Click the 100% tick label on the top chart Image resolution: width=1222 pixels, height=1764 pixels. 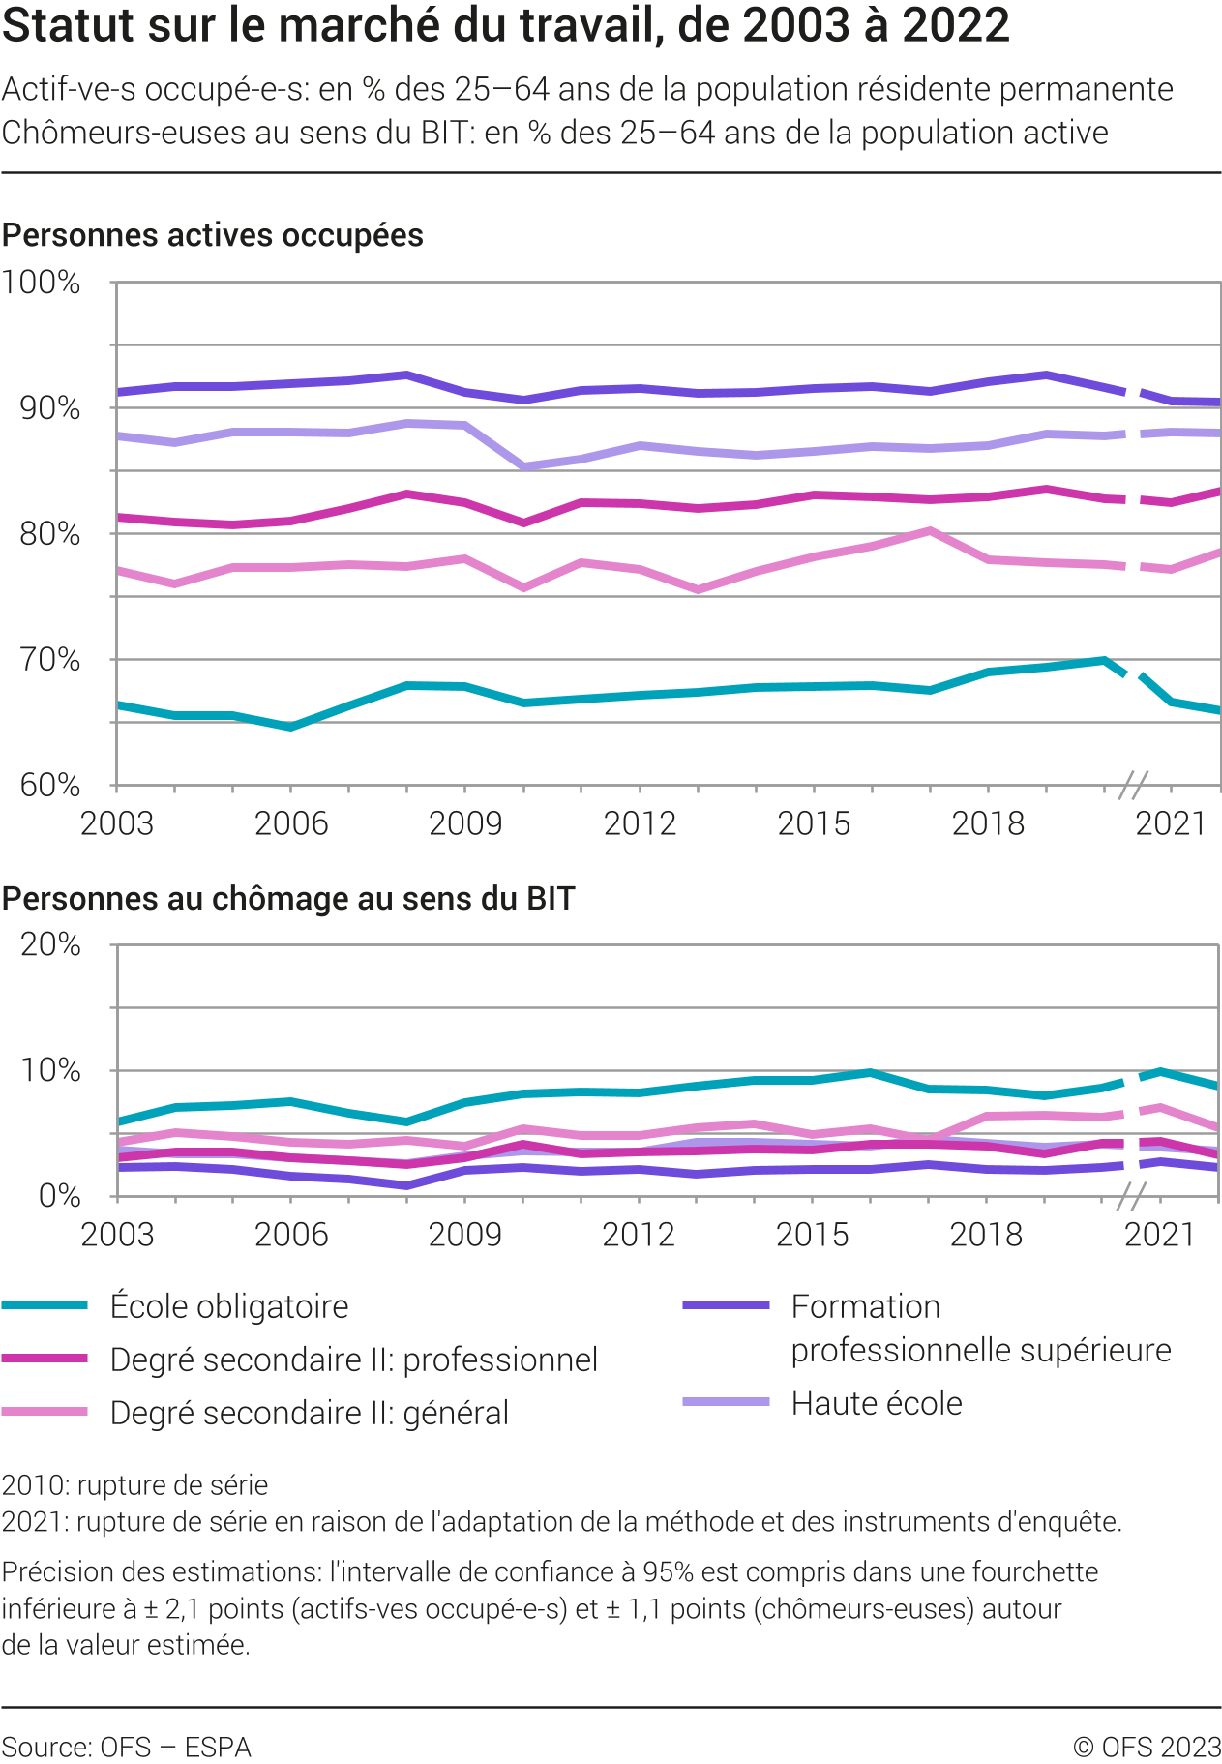click(41, 283)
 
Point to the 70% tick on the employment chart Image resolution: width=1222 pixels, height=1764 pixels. click(49, 660)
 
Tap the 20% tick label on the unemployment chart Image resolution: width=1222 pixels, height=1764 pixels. click(50, 944)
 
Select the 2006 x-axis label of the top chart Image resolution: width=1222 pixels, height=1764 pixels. click(291, 823)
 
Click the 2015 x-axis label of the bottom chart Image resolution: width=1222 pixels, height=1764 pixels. click(813, 1235)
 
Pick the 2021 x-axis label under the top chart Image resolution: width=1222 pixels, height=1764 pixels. click(1171, 823)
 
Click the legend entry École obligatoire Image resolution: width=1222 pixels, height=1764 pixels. click(229, 1306)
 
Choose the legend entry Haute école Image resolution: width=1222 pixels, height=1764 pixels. click(877, 1403)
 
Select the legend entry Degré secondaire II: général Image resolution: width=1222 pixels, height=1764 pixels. click(309, 1413)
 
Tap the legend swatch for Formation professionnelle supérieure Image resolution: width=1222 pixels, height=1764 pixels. click(726, 1305)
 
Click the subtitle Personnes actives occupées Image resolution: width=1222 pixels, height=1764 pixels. click(213, 235)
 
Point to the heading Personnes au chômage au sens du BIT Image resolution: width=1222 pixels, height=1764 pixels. click(288, 899)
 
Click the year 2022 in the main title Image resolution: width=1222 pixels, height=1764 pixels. click(956, 26)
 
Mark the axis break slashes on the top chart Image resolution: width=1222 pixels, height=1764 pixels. click(1133, 785)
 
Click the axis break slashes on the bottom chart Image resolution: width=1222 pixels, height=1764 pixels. click(1131, 1197)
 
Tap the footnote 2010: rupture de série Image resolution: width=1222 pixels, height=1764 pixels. click(134, 1485)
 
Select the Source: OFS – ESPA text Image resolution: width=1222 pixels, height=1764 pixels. click(126, 1747)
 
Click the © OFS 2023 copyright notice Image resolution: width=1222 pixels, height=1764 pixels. click(1147, 1747)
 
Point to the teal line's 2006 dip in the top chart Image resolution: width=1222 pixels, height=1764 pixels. click(290, 726)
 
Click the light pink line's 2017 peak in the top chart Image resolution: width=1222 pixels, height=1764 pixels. click(929, 530)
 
